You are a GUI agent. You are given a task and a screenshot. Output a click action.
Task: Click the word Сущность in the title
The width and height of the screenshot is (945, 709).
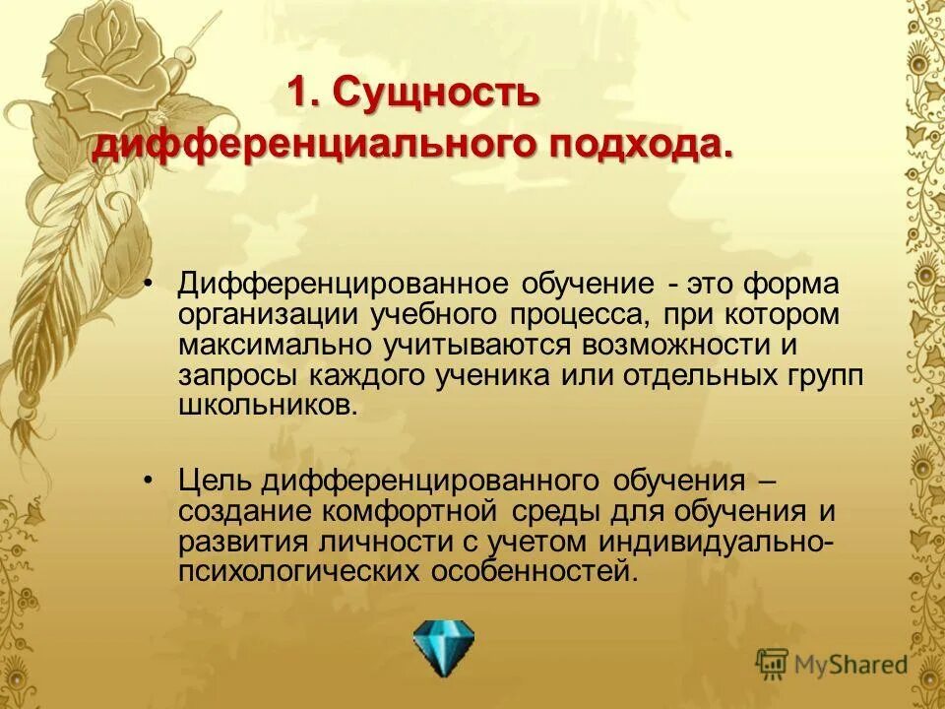click(x=435, y=95)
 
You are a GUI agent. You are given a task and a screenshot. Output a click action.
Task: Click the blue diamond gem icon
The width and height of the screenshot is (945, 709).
click(x=443, y=647)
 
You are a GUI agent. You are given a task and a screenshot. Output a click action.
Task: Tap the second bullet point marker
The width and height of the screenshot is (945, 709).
click(x=149, y=480)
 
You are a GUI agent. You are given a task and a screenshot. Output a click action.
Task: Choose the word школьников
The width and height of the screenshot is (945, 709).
click(x=264, y=406)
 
